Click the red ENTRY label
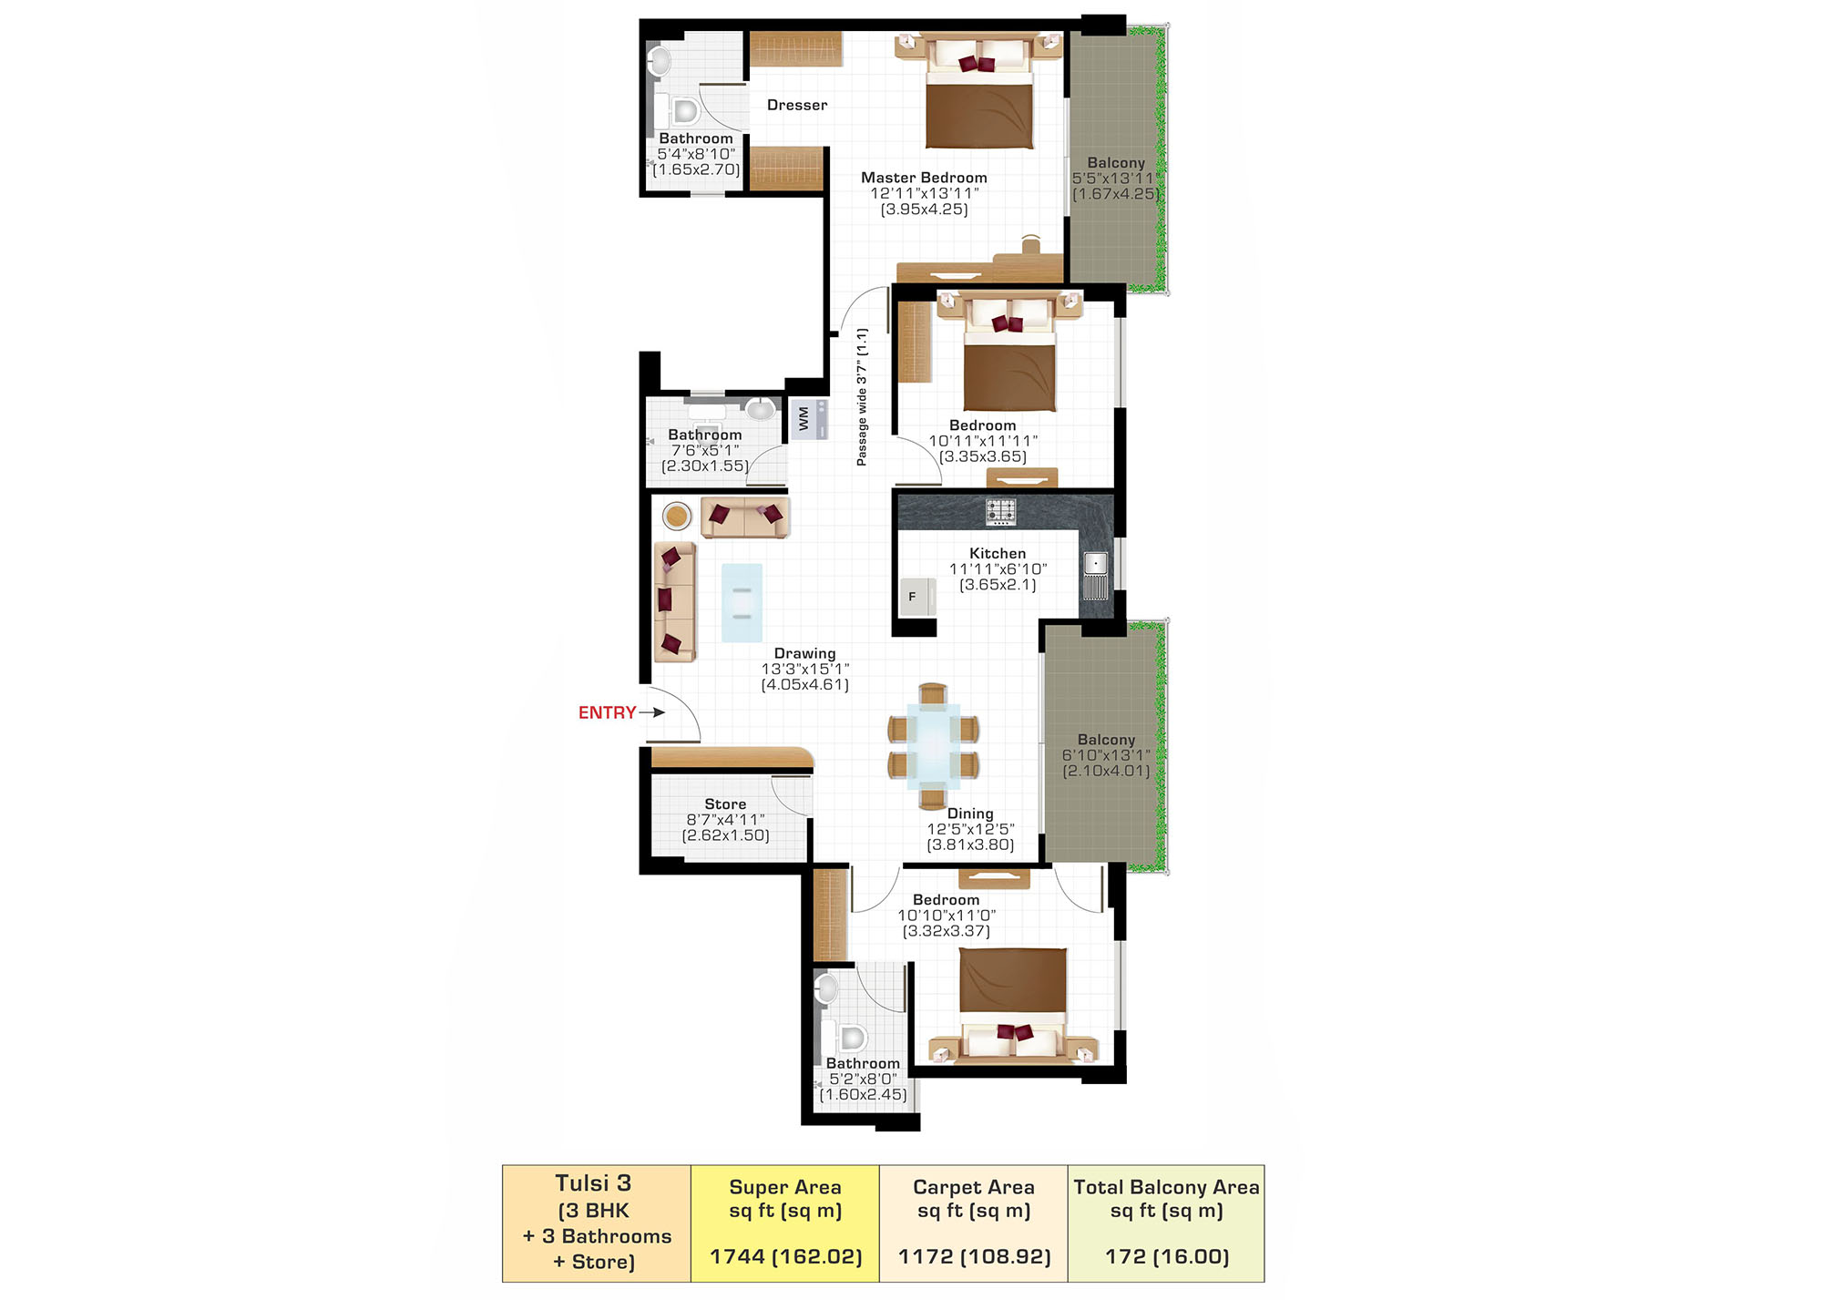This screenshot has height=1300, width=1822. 607,712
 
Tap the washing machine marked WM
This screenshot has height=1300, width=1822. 809,419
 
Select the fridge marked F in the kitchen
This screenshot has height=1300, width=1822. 917,597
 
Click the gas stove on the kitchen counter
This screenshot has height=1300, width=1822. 1000,511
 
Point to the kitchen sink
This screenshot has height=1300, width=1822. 1095,574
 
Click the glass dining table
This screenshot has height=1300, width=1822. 933,746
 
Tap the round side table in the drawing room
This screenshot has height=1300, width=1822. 677,517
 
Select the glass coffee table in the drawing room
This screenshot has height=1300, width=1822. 742,603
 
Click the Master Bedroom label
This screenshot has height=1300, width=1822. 924,178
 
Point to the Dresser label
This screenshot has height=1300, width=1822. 797,105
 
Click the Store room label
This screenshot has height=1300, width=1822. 725,804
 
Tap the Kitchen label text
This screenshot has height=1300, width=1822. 998,553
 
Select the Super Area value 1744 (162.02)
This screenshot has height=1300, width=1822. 785,1257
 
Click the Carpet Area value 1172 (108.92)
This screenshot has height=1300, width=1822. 974,1257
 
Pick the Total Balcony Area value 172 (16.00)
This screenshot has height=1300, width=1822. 1167,1257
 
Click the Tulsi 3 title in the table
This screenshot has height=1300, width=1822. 593,1183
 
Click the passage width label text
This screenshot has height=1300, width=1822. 862,397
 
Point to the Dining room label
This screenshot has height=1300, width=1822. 970,814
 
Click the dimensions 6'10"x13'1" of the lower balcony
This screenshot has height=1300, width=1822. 1106,755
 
